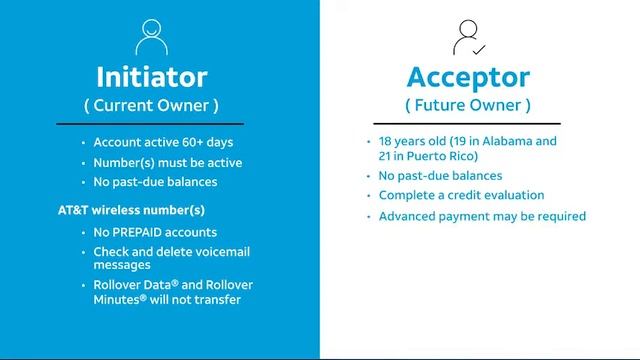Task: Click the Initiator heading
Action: [152, 76]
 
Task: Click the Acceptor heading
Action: [468, 76]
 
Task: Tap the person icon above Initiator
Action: [152, 36]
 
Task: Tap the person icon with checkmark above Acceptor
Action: [468, 36]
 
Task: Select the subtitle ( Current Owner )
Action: [151, 105]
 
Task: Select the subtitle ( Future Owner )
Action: [468, 105]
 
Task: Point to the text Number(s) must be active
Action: [167, 162]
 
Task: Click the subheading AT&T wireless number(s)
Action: [131, 210]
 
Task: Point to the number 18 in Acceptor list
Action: [387, 141]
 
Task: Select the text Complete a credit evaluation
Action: [461, 195]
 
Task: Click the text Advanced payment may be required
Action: [482, 216]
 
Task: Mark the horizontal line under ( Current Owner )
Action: [151, 123]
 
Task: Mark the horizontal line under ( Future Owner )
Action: [468, 123]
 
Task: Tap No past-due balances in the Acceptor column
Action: [447, 176]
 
